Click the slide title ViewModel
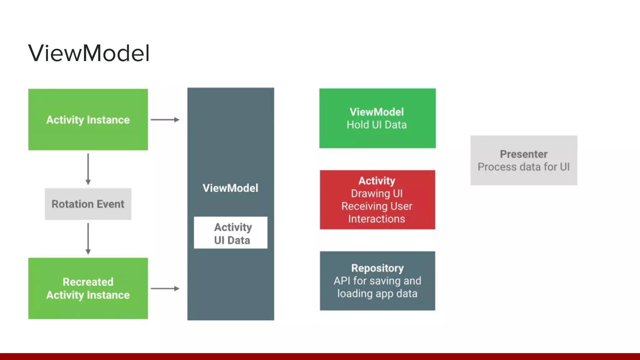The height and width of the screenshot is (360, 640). (x=89, y=53)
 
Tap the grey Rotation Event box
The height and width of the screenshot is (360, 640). (x=88, y=204)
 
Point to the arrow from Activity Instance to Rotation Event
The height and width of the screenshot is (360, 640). (x=88, y=169)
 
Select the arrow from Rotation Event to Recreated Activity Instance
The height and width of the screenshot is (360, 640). (x=88, y=238)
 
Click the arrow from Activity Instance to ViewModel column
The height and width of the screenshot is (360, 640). (x=165, y=120)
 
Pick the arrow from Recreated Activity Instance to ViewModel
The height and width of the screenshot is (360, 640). (x=165, y=288)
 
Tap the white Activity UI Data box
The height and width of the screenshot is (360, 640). (x=231, y=233)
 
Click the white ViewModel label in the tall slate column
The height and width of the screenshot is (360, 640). (x=231, y=188)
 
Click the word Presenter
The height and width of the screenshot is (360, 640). (x=524, y=154)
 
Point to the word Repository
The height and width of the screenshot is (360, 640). (x=377, y=268)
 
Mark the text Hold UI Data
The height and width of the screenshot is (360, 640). (x=377, y=125)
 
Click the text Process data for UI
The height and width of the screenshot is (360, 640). (x=524, y=167)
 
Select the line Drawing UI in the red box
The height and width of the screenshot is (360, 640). (x=377, y=193)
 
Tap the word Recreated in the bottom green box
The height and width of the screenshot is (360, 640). (x=88, y=282)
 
